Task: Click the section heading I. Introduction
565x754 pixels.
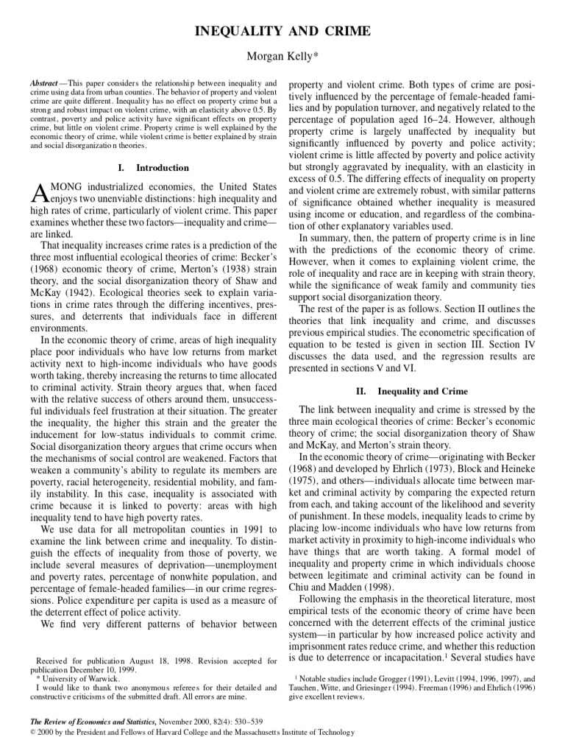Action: point(153,168)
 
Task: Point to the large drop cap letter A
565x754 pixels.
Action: point(39,194)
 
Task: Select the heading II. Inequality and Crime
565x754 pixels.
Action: point(412,391)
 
